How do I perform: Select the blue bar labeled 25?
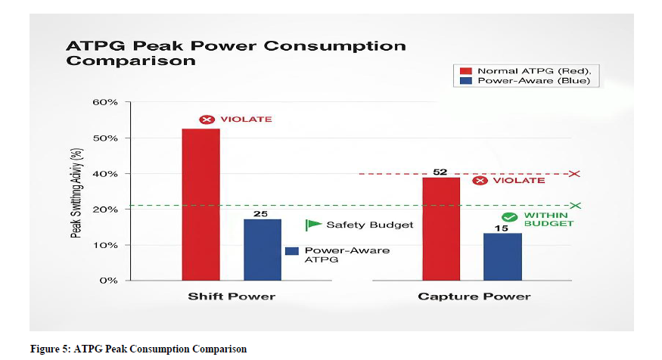[x=262, y=250]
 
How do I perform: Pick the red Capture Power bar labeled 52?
[x=440, y=228]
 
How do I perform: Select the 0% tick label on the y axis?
[x=107, y=281]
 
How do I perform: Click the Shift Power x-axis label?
[x=232, y=296]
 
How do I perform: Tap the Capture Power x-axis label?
[x=474, y=296]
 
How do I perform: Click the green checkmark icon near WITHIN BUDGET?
[x=509, y=217]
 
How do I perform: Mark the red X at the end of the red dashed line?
[x=574, y=174]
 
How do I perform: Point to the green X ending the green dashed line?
[x=576, y=205]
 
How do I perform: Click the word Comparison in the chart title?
[x=131, y=61]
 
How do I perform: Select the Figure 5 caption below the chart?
[x=138, y=349]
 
